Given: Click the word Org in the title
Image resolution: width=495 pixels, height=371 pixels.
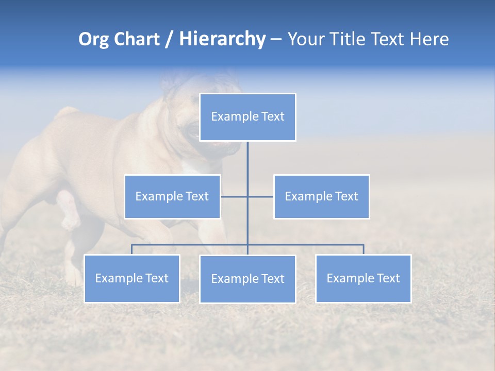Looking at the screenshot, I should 93,39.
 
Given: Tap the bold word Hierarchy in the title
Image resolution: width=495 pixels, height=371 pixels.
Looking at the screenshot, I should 222,39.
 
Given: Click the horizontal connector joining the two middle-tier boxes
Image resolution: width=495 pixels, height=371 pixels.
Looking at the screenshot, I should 260,196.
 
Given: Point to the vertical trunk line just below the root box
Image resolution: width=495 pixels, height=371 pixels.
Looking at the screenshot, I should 247,155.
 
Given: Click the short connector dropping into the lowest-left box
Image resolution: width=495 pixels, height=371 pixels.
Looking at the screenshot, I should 132,249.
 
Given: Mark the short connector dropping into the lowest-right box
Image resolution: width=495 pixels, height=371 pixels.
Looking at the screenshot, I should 364,249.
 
